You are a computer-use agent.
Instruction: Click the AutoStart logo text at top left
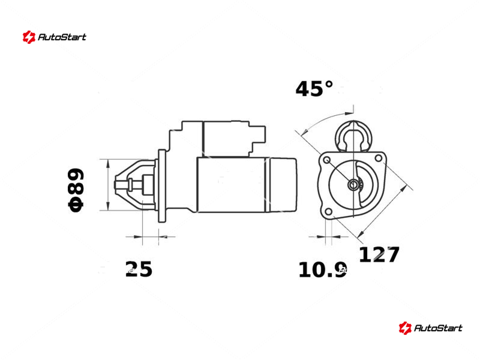click(62, 37)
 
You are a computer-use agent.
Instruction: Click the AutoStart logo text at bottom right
click(438, 328)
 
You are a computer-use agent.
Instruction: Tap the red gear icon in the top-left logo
click(29, 37)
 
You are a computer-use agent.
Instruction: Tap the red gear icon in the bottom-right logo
click(405, 328)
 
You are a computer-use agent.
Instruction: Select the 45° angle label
click(314, 89)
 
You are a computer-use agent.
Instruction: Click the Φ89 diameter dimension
click(76, 190)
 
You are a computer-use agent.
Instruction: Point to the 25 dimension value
click(139, 269)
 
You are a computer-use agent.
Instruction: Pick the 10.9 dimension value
click(322, 270)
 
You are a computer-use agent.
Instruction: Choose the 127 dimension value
click(379, 254)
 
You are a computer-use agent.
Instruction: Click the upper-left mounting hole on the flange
click(327, 160)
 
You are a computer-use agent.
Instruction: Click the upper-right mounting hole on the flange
click(379, 158)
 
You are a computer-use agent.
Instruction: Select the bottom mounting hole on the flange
click(328, 212)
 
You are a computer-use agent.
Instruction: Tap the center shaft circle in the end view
click(353, 185)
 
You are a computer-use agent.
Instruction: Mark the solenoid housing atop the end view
click(353, 136)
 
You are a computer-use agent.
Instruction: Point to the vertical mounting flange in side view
click(161, 186)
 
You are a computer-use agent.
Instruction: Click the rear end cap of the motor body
click(283, 185)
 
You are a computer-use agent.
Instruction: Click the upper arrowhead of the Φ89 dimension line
click(108, 163)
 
